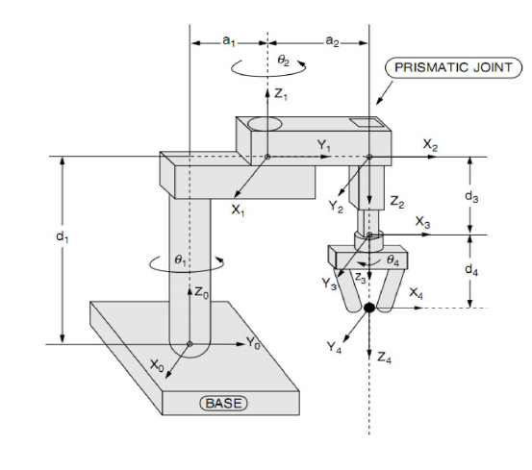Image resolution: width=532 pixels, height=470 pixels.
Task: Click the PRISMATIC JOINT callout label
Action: [453, 68]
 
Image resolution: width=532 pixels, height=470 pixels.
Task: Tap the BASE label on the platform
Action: [223, 404]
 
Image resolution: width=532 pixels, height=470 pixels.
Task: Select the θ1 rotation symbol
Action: [180, 260]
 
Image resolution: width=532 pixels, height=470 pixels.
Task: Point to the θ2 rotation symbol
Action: [283, 61]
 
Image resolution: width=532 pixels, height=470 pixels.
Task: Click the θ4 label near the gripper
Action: [393, 260]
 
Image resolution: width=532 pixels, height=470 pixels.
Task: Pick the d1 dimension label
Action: [63, 236]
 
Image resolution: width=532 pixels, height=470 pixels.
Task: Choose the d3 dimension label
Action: [471, 196]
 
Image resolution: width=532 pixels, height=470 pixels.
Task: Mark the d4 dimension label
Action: [471, 269]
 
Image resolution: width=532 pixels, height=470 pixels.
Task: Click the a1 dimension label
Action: [229, 41]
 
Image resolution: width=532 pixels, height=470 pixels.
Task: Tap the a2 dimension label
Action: [332, 41]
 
